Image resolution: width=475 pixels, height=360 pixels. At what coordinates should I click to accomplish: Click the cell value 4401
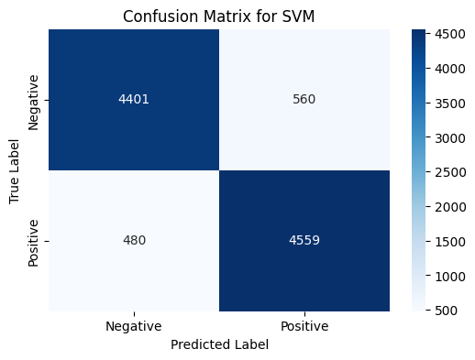[134, 100]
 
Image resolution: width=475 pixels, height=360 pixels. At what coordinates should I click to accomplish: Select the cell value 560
[304, 100]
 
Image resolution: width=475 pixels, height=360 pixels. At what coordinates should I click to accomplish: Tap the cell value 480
[134, 241]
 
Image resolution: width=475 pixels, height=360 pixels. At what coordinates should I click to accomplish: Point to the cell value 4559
[304, 241]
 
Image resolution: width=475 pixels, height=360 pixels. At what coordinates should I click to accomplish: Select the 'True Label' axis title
[15, 170]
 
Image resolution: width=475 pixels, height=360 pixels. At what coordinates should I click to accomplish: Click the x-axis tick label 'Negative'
[134, 326]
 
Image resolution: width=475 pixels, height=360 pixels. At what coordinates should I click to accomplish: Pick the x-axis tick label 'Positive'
[304, 326]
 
